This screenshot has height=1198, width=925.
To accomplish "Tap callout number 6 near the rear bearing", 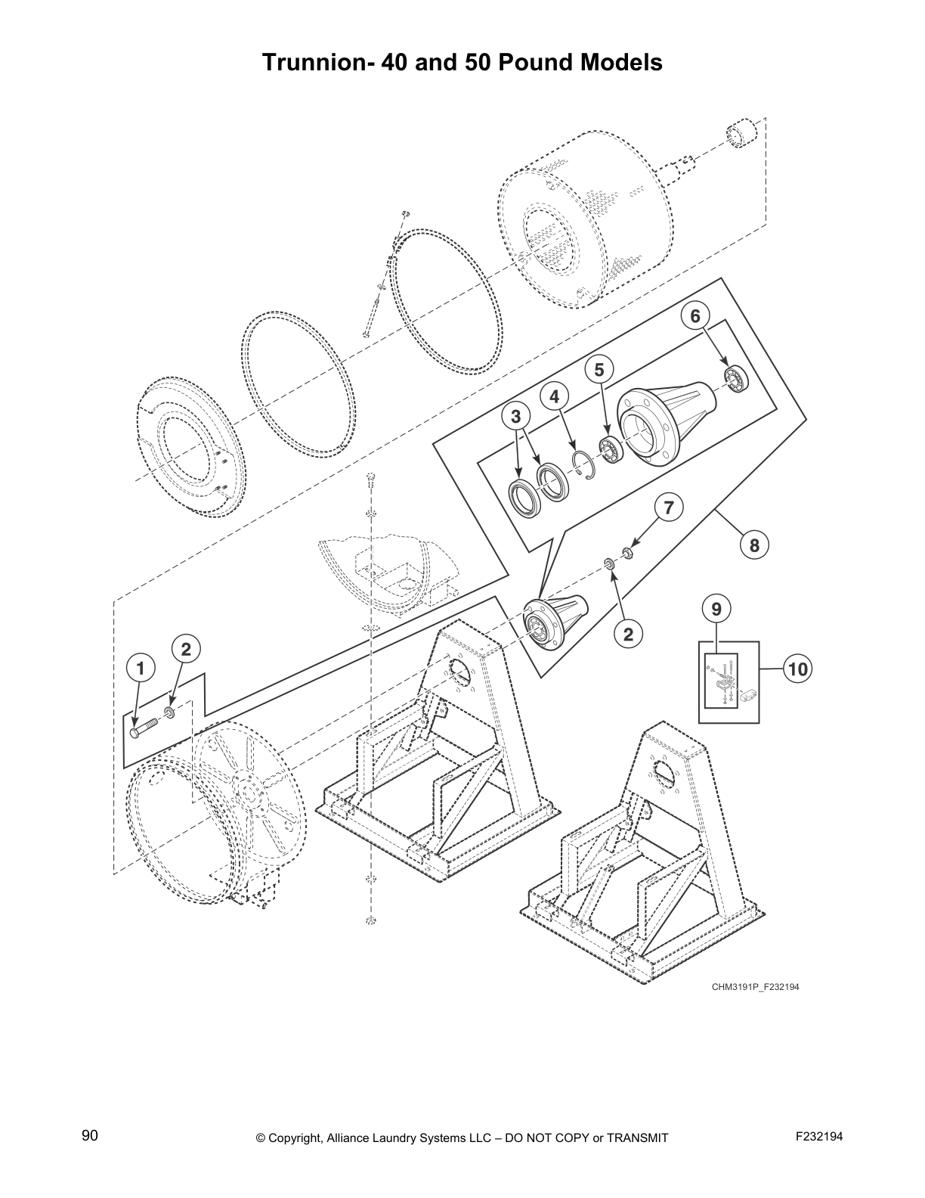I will coord(695,316).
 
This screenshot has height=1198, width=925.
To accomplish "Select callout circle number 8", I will coord(753,544).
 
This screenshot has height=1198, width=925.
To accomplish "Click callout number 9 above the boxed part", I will coord(716,607).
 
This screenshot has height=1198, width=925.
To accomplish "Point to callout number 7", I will coord(668,508).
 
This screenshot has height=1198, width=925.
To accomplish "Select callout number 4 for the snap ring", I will coord(554,396).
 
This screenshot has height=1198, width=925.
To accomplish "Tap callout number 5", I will coord(599,369).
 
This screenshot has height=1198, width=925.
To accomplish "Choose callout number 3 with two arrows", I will coord(515,416).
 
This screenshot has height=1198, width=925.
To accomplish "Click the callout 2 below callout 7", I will coord(628,634).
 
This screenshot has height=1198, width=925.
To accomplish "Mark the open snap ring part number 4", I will coord(584,463).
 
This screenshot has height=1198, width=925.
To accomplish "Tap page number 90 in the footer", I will coord(90,1135).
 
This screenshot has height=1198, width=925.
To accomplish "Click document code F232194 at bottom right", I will coord(819,1136).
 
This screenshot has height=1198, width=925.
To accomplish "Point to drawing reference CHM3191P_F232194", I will coord(754,986).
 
